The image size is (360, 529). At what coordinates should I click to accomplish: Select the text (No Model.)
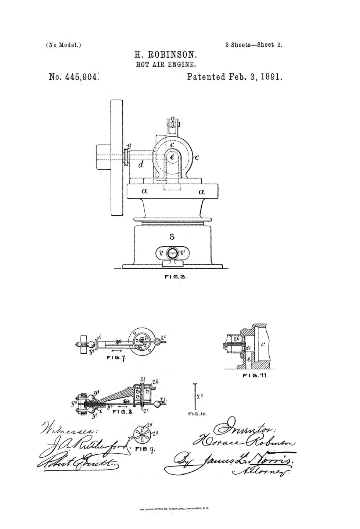pyautogui.click(x=63, y=45)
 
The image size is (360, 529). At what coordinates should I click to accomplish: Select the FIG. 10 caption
pyautogui.click(x=198, y=414)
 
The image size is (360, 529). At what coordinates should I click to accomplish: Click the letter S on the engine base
pyautogui.click(x=172, y=237)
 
